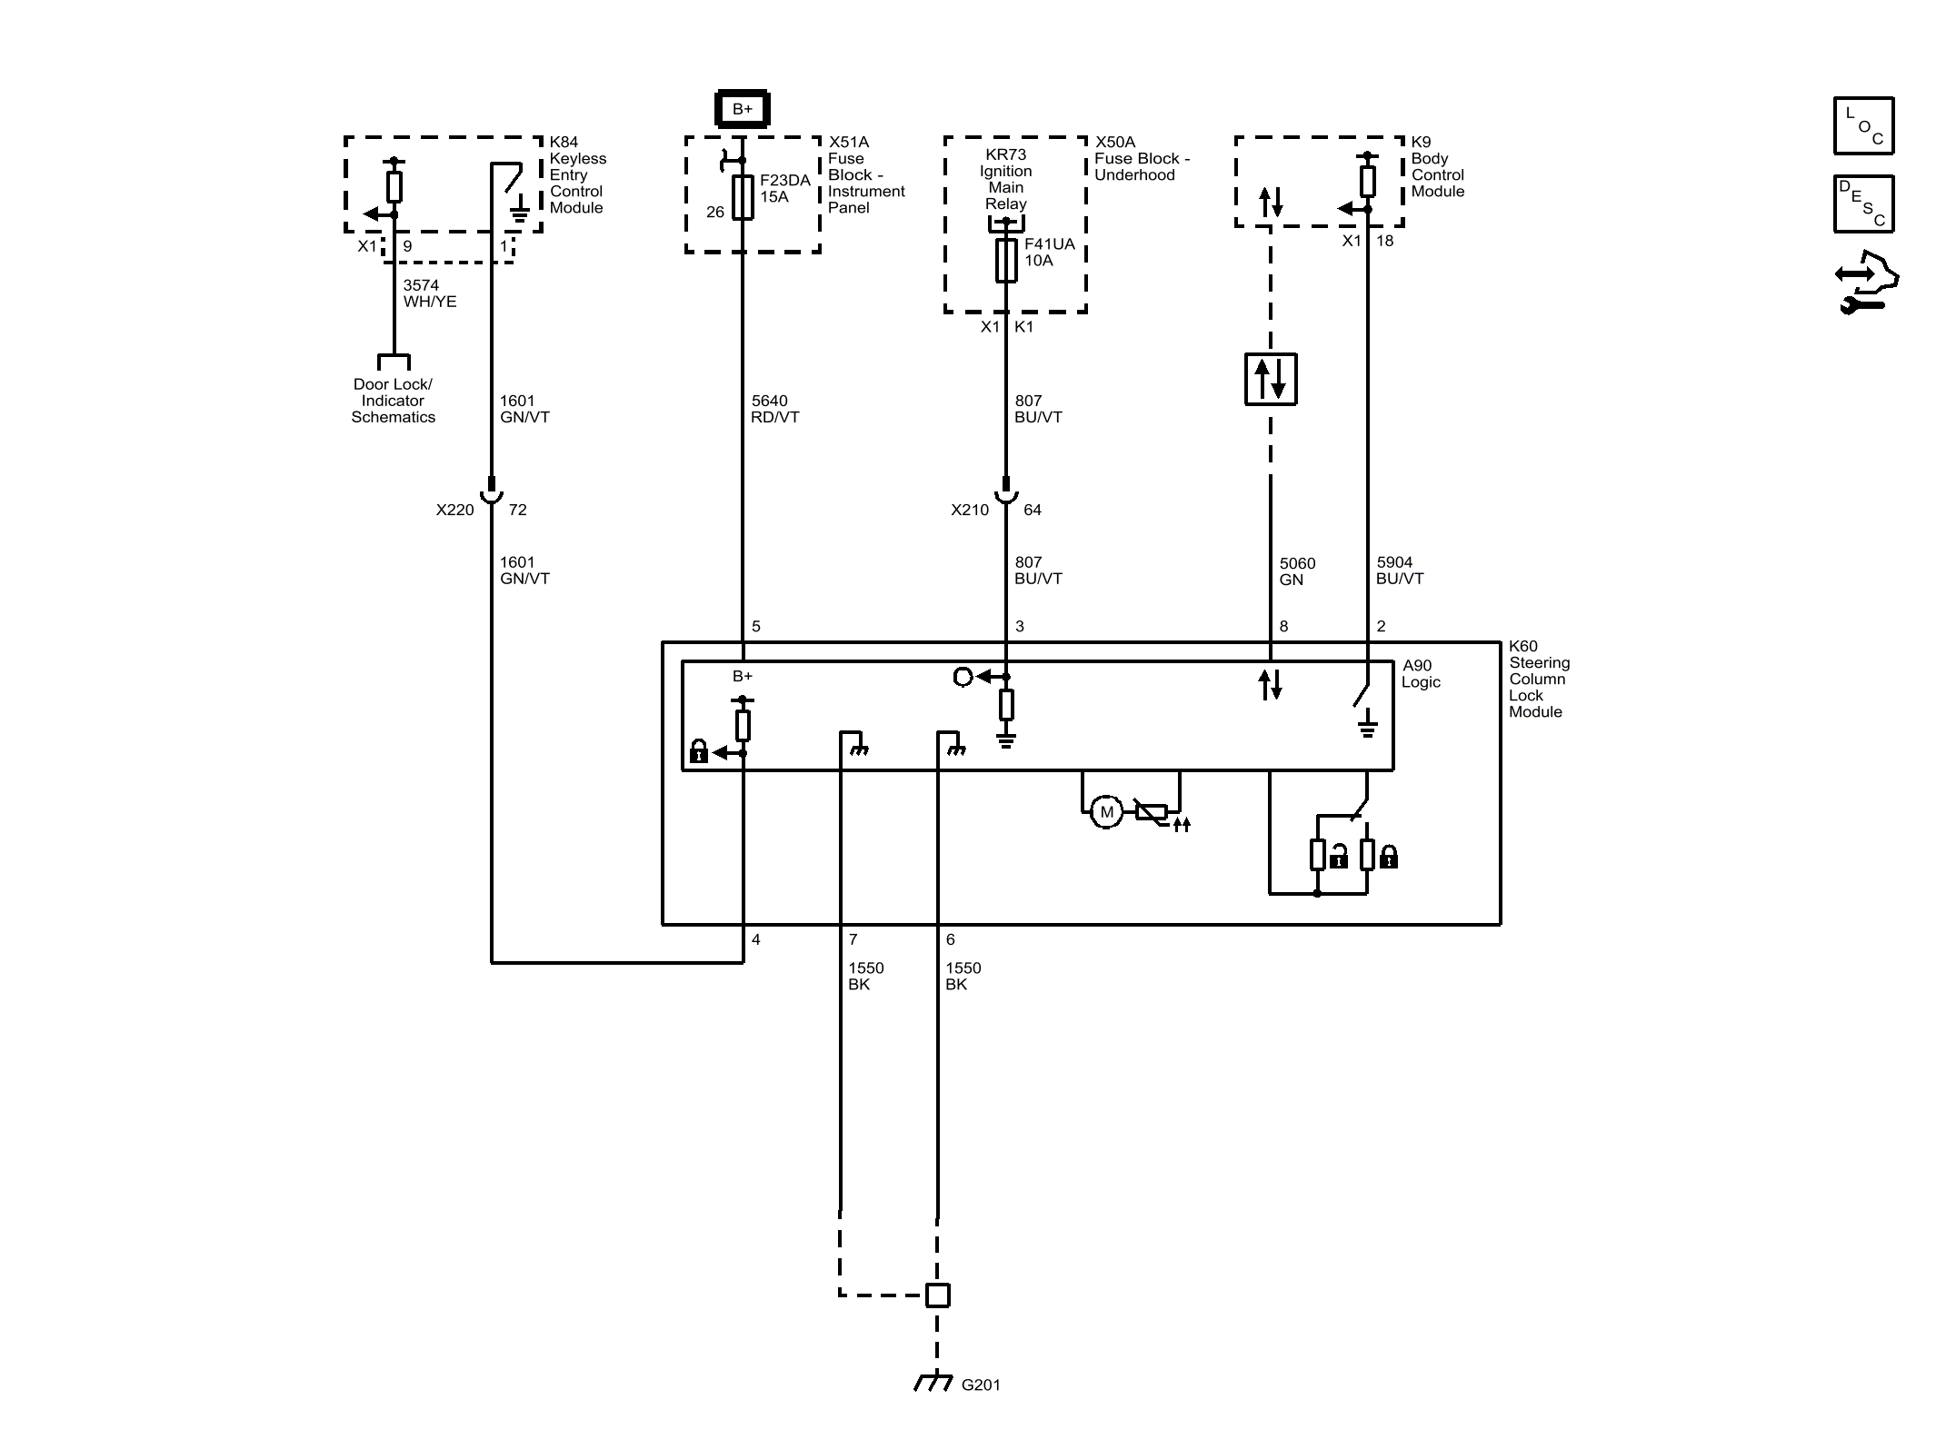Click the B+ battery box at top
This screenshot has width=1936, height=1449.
[742, 109]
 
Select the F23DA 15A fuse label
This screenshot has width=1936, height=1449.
[783, 189]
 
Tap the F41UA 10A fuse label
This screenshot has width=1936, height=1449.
[1048, 253]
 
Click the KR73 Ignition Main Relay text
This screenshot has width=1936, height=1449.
[1005, 179]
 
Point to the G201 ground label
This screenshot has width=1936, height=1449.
[980, 1384]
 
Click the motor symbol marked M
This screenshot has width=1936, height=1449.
[1106, 812]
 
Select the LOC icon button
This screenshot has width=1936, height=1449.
[1863, 125]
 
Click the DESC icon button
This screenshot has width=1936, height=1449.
[1863, 203]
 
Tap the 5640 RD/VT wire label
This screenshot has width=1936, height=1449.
[774, 409]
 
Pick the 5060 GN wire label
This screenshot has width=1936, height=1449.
[1296, 571]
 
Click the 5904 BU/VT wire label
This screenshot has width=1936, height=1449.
[1399, 571]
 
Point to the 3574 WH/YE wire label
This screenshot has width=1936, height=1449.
[429, 293]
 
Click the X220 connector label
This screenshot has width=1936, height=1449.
[454, 510]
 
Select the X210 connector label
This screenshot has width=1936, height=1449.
[969, 510]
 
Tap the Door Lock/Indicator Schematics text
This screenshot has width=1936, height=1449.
[393, 401]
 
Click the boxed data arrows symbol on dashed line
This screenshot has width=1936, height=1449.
[1270, 379]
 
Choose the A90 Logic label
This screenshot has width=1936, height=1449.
[1420, 673]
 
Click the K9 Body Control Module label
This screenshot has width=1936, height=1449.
[1436, 167]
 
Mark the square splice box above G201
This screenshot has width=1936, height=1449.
[937, 1295]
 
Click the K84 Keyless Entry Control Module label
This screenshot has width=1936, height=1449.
[577, 174]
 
